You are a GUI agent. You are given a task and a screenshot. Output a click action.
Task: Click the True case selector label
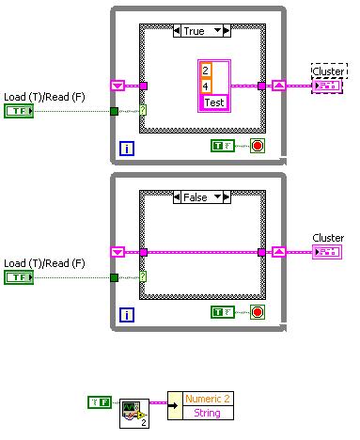pyautogui.click(x=194, y=31)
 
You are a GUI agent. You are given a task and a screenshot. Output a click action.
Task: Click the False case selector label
pyautogui.click(x=194, y=196)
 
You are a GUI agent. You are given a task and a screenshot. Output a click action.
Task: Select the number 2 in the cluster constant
pyautogui.click(x=206, y=69)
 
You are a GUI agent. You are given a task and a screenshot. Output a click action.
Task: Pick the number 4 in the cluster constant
pyautogui.click(x=206, y=85)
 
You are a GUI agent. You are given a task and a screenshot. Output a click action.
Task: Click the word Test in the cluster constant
pyautogui.click(x=214, y=102)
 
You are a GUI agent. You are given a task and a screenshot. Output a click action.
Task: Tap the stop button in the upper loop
pyautogui.click(x=256, y=146)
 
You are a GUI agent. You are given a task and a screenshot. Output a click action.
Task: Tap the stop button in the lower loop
pyautogui.click(x=256, y=311)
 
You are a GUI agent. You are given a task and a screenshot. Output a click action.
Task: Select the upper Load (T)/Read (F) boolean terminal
pyautogui.click(x=18, y=112)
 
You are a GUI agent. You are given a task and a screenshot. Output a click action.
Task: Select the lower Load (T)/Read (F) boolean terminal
pyautogui.click(x=18, y=277)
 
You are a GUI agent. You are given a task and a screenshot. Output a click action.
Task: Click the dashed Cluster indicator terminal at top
pyautogui.click(x=328, y=86)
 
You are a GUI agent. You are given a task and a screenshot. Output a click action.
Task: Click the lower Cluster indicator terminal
pyautogui.click(x=328, y=251)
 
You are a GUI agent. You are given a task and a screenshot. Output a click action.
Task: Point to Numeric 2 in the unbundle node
pyautogui.click(x=207, y=398)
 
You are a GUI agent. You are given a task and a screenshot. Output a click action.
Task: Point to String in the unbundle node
pyautogui.click(x=207, y=412)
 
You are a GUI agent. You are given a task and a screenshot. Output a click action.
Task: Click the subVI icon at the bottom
pyautogui.click(x=133, y=412)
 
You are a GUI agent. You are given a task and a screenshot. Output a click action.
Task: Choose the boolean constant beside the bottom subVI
pyautogui.click(x=100, y=402)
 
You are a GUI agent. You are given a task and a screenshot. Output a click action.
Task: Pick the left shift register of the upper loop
pyautogui.click(x=117, y=86)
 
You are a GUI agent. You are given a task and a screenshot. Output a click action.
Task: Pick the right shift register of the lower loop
pyautogui.click(x=279, y=251)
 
